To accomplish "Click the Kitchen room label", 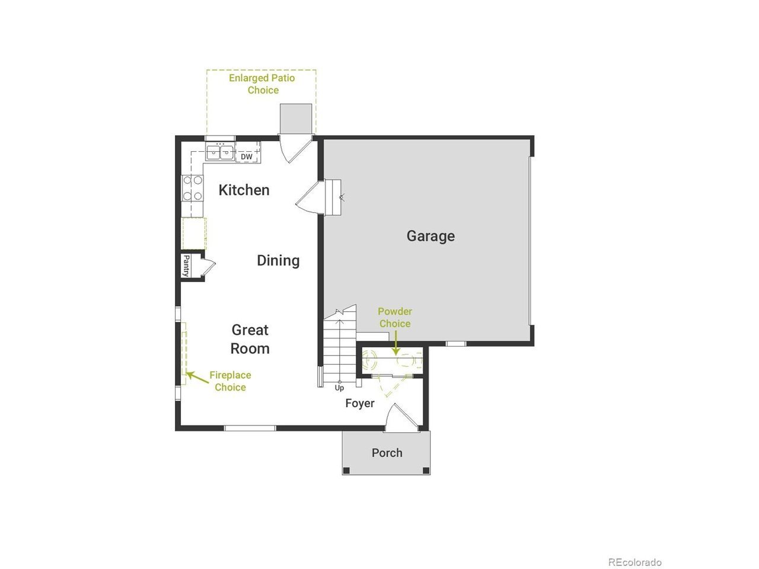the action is click(244, 190).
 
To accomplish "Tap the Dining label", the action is click(278, 260).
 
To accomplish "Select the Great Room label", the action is click(250, 339).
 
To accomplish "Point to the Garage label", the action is click(430, 236).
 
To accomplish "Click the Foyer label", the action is click(359, 403).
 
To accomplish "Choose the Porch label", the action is click(387, 453).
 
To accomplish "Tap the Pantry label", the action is click(186, 266).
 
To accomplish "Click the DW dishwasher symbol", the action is click(247, 156).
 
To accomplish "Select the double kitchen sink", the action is click(220, 152).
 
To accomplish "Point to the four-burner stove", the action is click(192, 188).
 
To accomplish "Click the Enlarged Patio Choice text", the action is click(262, 84).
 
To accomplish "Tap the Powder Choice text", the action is click(395, 318).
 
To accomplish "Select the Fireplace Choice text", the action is click(230, 381).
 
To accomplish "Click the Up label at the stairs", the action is click(339, 388).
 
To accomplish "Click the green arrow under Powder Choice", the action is click(396, 343).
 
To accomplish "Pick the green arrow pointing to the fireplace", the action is click(197, 377).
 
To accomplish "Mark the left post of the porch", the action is click(346, 470).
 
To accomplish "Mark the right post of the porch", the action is click(426, 470).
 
